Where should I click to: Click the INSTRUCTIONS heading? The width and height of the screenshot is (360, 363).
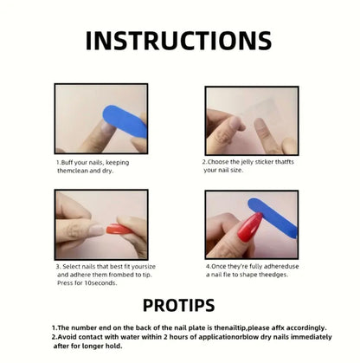pos(178,41)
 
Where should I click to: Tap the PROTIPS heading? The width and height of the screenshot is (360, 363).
pos(179,305)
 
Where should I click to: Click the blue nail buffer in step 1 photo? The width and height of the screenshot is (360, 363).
pos(125,122)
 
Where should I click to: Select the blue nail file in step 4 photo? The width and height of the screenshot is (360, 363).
pos(273,218)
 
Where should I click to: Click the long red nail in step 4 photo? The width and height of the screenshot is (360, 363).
pos(250,227)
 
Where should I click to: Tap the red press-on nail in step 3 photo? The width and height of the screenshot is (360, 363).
pos(119,230)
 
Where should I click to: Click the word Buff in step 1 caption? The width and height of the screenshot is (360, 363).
pos(67,163)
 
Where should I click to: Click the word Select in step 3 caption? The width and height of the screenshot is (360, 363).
pos(71,266)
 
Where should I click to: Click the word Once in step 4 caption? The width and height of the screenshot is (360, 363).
pos(219,266)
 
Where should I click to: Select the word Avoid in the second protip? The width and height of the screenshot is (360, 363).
pos(67,337)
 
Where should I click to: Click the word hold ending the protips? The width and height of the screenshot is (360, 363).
pos(115,346)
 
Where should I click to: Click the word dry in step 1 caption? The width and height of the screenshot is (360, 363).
pos(106,171)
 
